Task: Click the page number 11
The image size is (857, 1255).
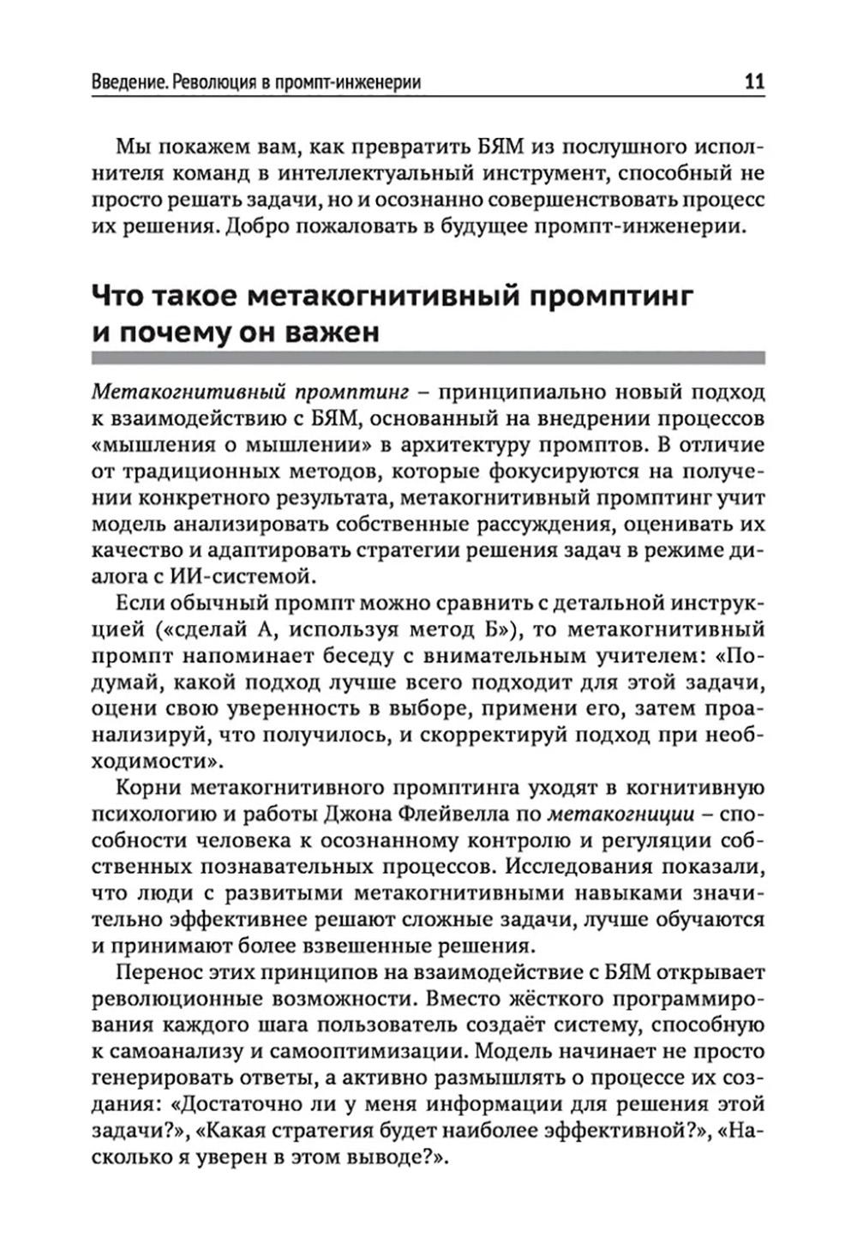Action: [x=753, y=82]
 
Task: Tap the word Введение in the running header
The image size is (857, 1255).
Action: [x=128, y=83]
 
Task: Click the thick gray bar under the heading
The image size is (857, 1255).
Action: [x=428, y=359]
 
